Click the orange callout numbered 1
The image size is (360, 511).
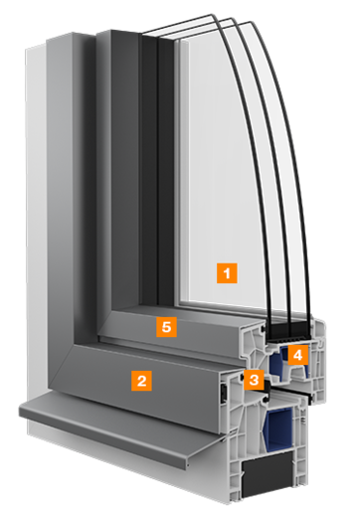click(x=228, y=270)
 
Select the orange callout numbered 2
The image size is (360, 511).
click(x=142, y=379)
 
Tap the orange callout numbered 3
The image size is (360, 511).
click(x=255, y=379)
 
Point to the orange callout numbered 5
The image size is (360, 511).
click(x=168, y=327)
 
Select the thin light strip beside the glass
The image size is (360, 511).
click(x=179, y=179)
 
